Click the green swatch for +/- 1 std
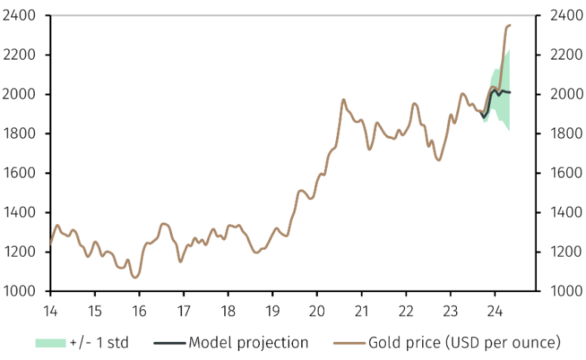50,343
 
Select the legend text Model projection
248,343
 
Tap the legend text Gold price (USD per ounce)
464,343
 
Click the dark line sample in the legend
169,343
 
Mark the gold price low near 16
135,277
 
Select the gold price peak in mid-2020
344,99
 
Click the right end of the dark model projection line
511,93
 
